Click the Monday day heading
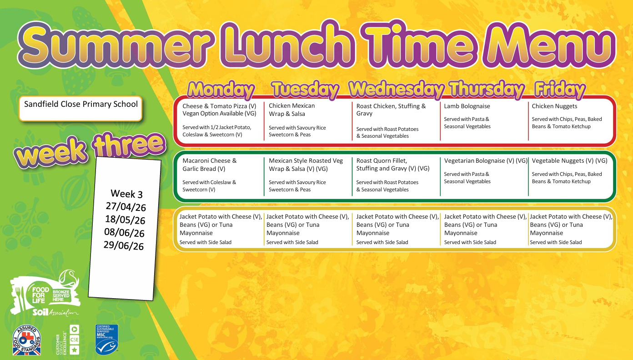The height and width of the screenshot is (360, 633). pos(221,90)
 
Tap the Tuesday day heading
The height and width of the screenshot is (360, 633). pos(305,90)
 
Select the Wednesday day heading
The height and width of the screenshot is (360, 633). pos(396,89)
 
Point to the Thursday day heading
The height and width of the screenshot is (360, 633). pos(486,89)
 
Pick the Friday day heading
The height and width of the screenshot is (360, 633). pos(559,89)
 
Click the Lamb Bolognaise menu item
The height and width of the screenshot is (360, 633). pos(467,106)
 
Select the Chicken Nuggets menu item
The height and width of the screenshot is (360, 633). pos(554,106)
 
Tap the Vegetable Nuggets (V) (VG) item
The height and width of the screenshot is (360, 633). pos(569,161)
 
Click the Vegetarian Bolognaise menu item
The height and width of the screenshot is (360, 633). pos(486,161)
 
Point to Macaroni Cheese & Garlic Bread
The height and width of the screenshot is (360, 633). pos(209,165)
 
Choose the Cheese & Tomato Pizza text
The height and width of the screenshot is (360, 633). pos(219,106)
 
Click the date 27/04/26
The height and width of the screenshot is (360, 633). pos(126,207)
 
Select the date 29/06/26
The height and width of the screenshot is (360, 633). pos(124,245)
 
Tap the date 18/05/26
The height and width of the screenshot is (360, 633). pos(125,220)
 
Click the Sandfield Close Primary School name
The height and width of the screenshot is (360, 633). pos(81,104)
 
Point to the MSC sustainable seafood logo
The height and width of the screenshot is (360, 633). pos(106,340)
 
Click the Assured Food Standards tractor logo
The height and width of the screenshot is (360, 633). pos(26,340)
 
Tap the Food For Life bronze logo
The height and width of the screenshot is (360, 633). pos(45,294)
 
